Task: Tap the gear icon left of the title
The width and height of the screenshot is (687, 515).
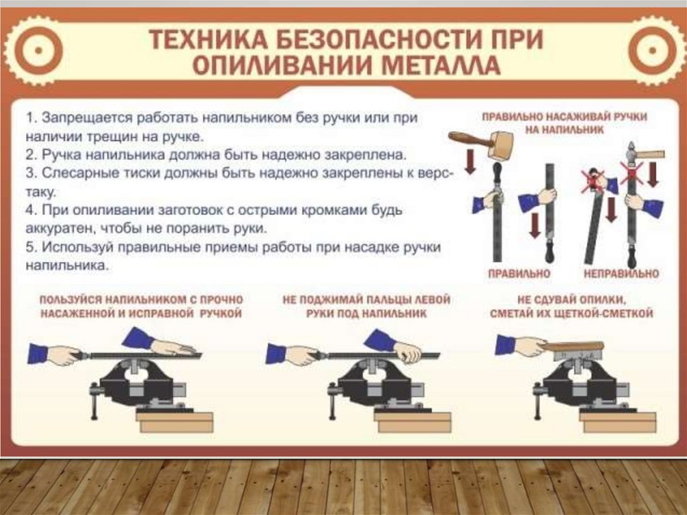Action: click(x=38, y=50)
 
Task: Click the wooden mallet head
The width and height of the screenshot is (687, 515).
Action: click(x=498, y=147)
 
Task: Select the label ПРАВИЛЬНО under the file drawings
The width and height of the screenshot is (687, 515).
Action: click(x=519, y=274)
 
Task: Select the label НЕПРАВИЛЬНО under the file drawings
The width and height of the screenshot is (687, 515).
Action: click(x=621, y=274)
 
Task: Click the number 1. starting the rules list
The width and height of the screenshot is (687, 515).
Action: click(x=31, y=118)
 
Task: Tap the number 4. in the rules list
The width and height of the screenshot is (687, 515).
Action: click(x=31, y=210)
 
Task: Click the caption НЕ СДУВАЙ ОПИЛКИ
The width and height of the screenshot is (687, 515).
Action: click(x=572, y=300)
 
